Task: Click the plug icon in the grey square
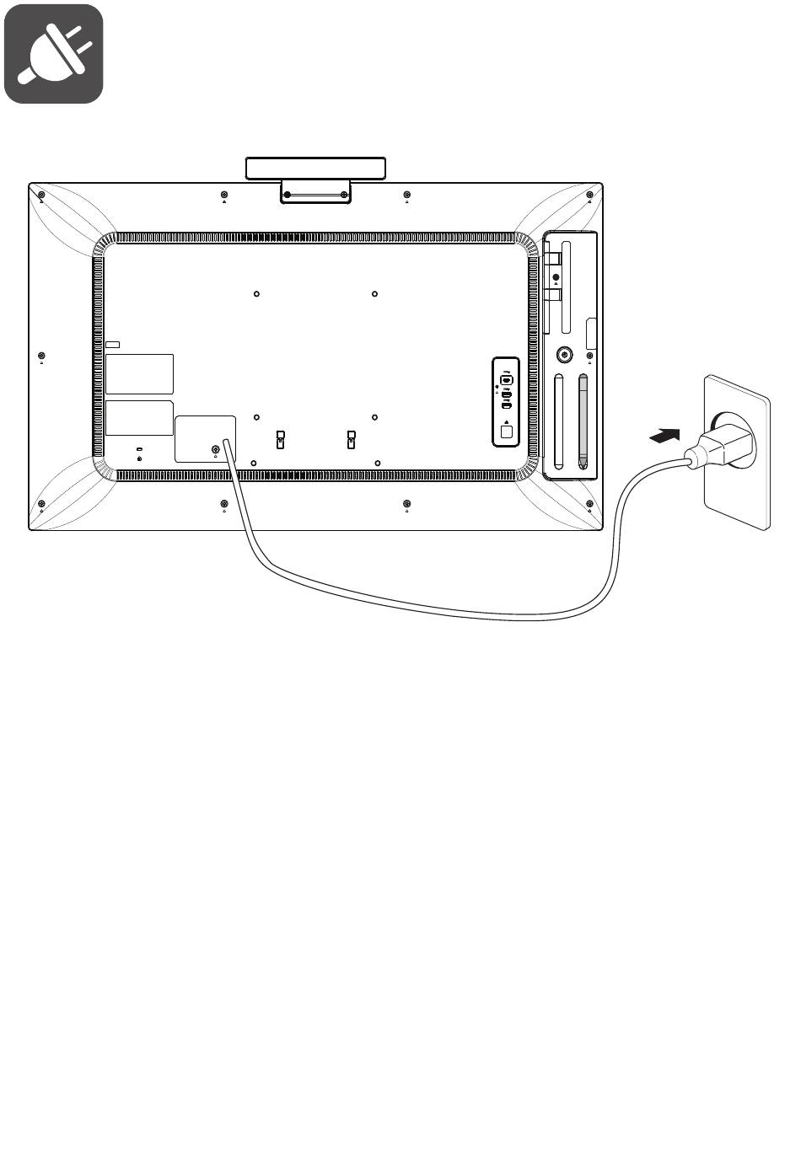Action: click(54, 54)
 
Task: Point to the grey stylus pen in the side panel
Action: click(583, 421)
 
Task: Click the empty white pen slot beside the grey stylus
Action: click(558, 421)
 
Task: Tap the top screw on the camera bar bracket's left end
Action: click(288, 195)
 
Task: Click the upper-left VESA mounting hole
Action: click(256, 294)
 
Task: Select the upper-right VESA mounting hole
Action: click(374, 294)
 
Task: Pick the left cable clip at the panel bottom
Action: click(281, 439)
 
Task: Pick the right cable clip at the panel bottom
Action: click(352, 439)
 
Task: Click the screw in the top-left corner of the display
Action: click(41, 196)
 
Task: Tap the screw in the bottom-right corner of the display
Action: click(589, 504)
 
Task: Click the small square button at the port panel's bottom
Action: click(506, 432)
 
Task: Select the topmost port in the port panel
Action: click(507, 379)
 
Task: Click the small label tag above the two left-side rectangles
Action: click(113, 345)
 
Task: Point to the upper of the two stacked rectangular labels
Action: click(139, 373)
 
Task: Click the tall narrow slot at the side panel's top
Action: click(566, 287)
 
